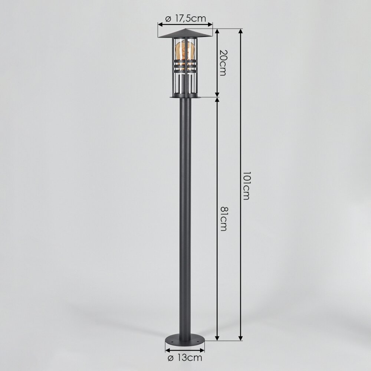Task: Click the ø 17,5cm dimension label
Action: [x=186, y=18]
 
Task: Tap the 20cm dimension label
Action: [x=223, y=63]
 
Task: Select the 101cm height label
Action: [x=246, y=186]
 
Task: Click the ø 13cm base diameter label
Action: [x=185, y=358]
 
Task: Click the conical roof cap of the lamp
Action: [x=185, y=34]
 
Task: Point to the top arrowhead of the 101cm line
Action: [x=241, y=31]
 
